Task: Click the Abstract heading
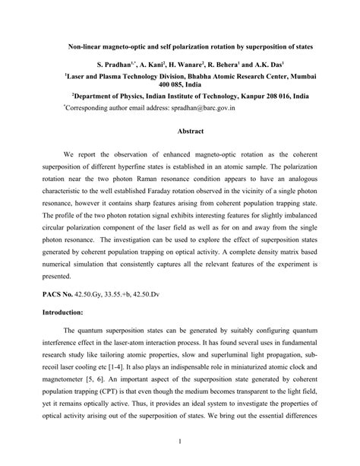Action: (x=179, y=132)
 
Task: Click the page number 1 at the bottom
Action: (x=179, y=442)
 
